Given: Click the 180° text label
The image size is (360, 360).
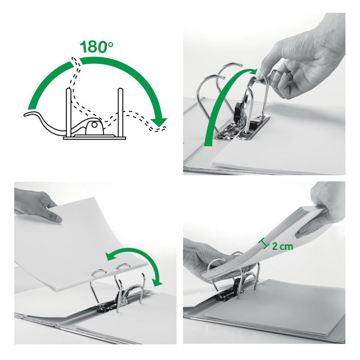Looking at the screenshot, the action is (97, 47).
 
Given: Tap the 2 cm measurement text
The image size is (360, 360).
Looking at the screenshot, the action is (283, 246).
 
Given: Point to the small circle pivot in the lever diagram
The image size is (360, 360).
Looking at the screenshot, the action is (94, 124).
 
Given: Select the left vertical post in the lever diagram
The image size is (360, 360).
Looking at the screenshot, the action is (68, 112).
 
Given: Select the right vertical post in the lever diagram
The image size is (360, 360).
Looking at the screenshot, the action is (120, 112).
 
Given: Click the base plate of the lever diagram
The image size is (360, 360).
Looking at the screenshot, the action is (94, 138).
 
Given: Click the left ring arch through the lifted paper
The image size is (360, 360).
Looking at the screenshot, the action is (99, 273).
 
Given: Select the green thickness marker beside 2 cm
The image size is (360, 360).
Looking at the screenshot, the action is (263, 244).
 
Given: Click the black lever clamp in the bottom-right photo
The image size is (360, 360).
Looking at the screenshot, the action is (237, 285).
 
